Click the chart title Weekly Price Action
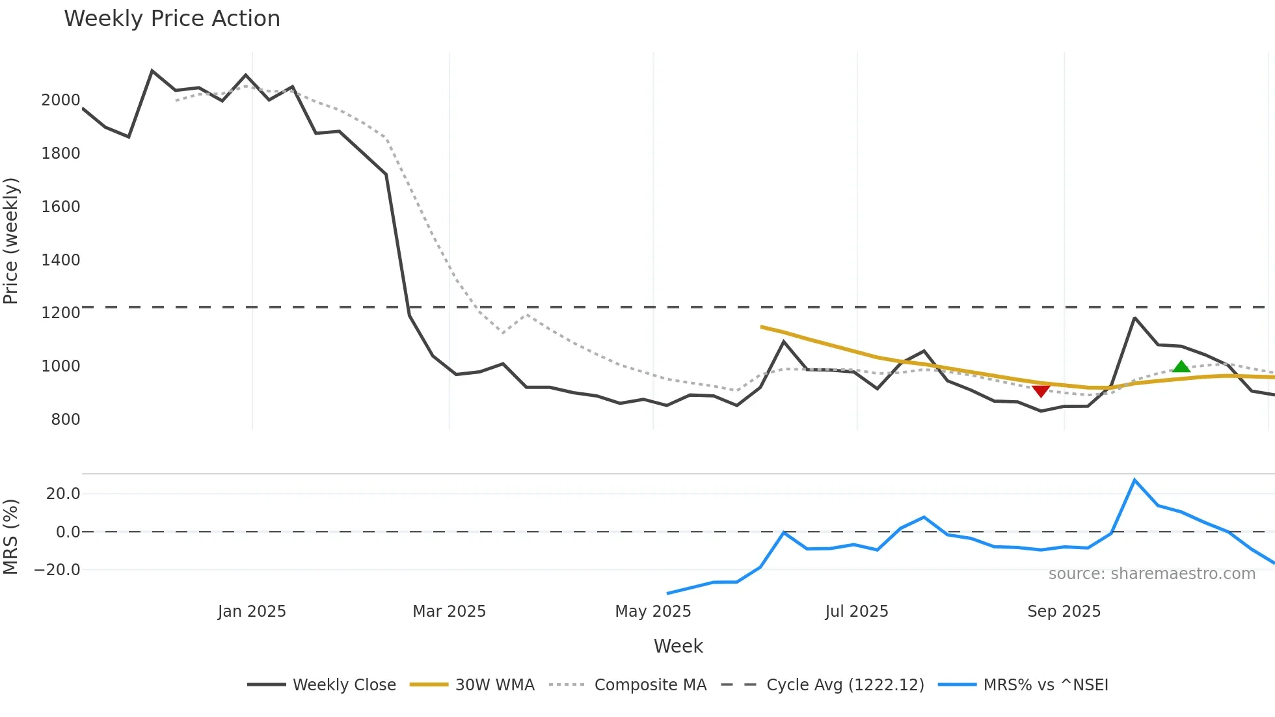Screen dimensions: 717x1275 (172, 19)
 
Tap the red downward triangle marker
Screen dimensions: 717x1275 (1041, 390)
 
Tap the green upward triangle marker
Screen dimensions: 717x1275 (1181, 366)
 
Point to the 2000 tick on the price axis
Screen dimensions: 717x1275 (60, 100)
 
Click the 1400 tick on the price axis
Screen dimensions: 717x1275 (60, 260)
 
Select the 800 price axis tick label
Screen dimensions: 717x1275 (66, 420)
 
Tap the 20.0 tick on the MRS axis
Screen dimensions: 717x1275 (63, 494)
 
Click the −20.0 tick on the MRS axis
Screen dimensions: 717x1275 (57, 570)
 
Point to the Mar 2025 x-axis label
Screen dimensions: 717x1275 (449, 612)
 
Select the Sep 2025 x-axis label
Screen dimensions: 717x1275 (1064, 612)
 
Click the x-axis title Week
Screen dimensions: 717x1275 (678, 646)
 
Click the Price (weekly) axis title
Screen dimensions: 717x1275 (11, 241)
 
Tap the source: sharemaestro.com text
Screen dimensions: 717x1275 (1151, 574)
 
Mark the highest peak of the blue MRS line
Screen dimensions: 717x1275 (1134, 480)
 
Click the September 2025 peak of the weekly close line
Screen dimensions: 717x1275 (1134, 318)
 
